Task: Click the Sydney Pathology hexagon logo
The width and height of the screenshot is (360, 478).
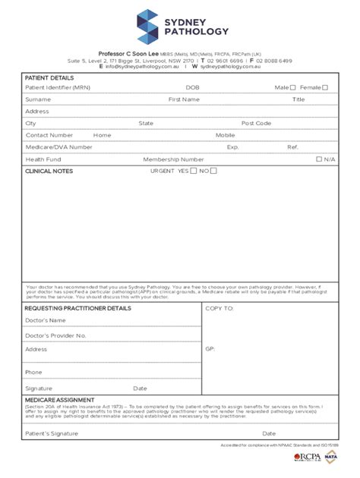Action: [x=149, y=27]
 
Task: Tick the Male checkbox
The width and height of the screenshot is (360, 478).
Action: [x=292, y=87]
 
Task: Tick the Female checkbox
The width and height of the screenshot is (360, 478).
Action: [x=325, y=87]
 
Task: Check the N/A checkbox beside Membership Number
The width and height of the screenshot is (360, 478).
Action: [x=319, y=159]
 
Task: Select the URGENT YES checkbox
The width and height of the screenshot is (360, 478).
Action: [x=193, y=171]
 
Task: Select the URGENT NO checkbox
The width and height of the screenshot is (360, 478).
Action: [x=213, y=171]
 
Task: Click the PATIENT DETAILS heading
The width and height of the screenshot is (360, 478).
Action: [x=49, y=77]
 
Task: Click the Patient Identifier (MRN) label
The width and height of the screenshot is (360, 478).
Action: [x=57, y=87]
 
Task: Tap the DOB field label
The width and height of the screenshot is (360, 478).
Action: [x=192, y=87]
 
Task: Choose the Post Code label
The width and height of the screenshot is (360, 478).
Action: [x=256, y=123]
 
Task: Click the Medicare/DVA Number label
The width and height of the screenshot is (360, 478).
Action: [x=53, y=147]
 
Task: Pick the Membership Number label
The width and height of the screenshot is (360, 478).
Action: [x=173, y=159]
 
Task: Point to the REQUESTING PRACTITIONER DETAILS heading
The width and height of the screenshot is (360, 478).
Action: [x=77, y=308]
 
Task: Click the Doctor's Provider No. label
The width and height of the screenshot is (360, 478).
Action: [x=55, y=335]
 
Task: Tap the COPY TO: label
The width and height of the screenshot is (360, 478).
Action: [x=219, y=309]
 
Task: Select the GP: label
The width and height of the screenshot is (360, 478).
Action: [x=210, y=349]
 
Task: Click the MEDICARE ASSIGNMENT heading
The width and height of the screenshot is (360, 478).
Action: [x=59, y=400]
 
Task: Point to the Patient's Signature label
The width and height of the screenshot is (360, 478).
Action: [x=52, y=433]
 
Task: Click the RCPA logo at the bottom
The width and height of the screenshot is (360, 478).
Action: [x=307, y=458]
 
